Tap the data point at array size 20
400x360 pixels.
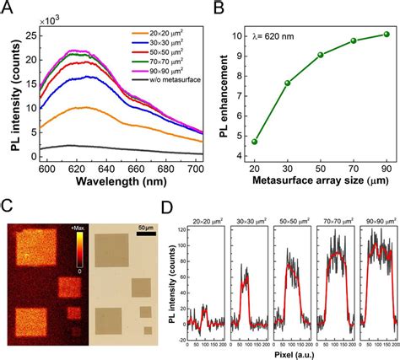point(255,142)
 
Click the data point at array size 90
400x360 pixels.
point(386,35)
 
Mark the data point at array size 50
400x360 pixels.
point(321,55)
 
